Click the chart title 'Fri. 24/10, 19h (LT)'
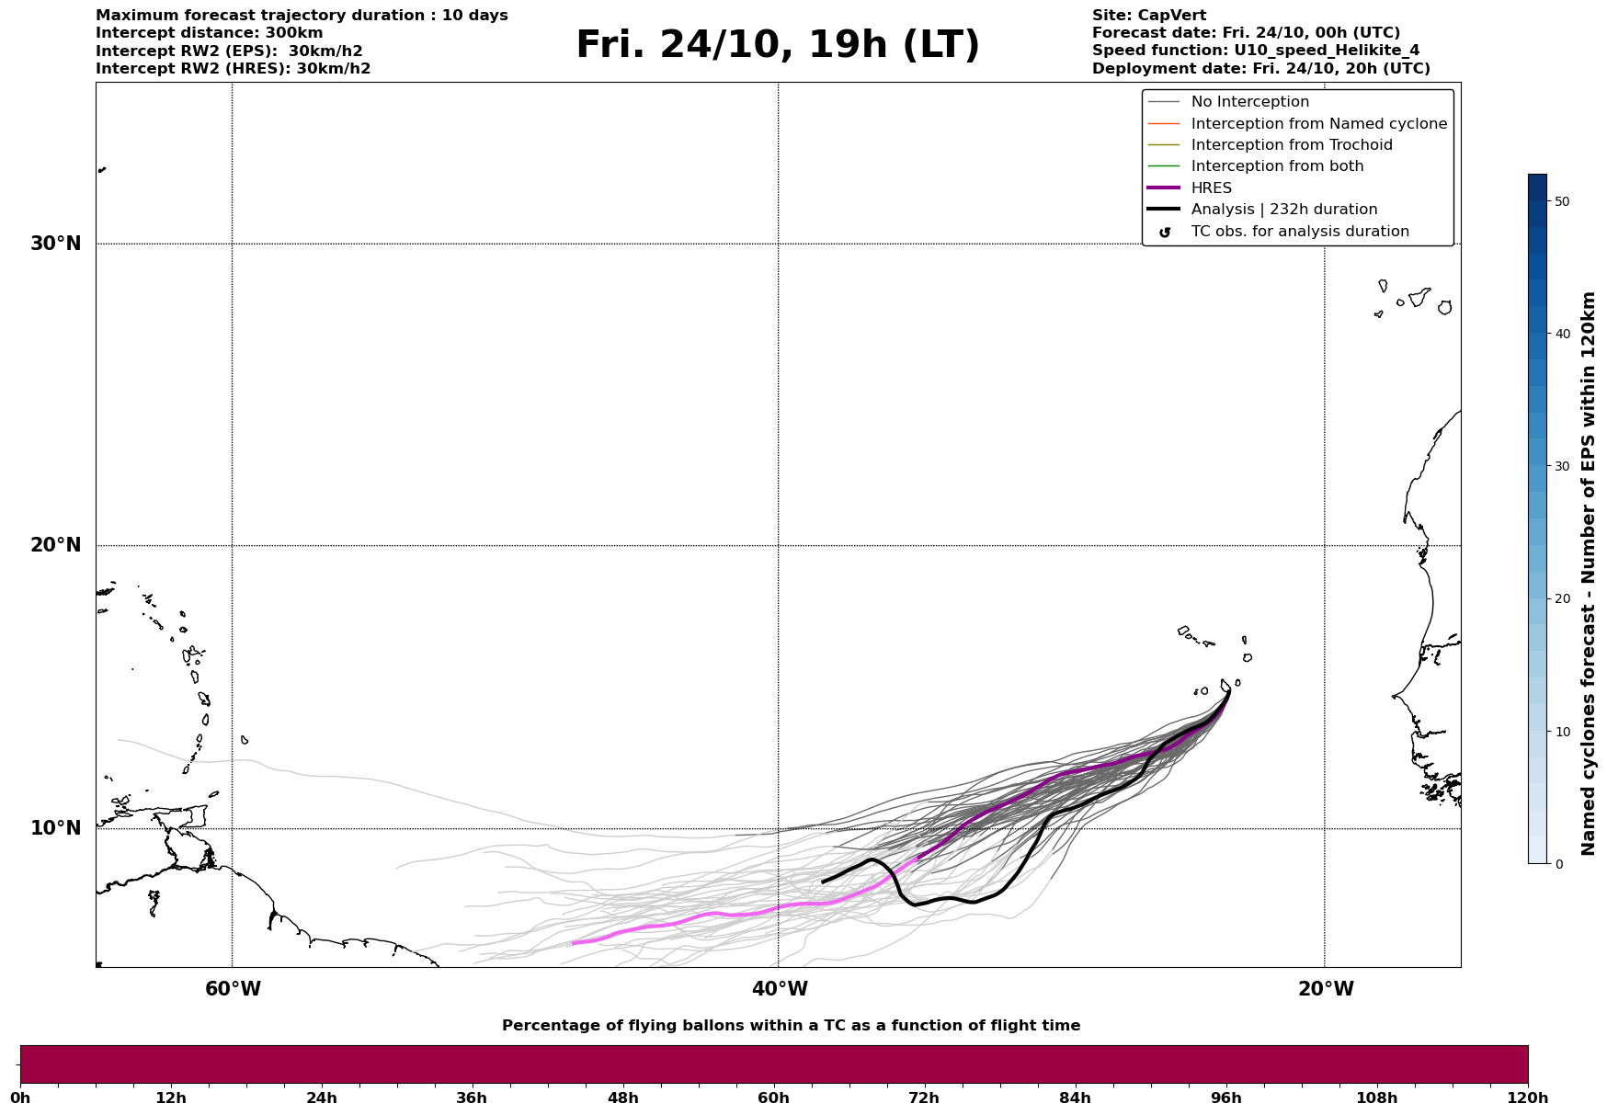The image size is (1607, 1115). pyautogui.click(x=778, y=46)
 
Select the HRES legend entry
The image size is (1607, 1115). pyautogui.click(x=1211, y=188)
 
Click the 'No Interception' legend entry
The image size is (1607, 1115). pyautogui.click(x=1249, y=102)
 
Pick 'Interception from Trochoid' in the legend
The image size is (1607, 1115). pyautogui.click(x=1291, y=145)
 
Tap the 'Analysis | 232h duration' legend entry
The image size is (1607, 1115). pyautogui.click(x=1283, y=210)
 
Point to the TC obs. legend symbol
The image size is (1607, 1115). pyautogui.click(x=1165, y=233)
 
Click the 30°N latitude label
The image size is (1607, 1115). pyautogui.click(x=56, y=244)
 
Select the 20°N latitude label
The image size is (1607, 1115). pyautogui.click(x=56, y=545)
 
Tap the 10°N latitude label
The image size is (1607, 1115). pyautogui.click(x=56, y=828)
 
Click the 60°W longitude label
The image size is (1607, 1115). pyautogui.click(x=233, y=989)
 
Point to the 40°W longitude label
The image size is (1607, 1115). pyautogui.click(x=780, y=989)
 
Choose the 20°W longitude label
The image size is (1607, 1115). pyautogui.click(x=1326, y=989)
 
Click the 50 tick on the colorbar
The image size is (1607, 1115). pyautogui.click(x=1561, y=201)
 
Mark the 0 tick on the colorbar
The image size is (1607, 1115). pyautogui.click(x=1557, y=864)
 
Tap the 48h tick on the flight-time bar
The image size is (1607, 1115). pyautogui.click(x=622, y=1098)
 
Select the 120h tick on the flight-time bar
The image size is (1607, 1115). pyautogui.click(x=1526, y=1098)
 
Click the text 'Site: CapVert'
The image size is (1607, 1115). pyautogui.click(x=1149, y=16)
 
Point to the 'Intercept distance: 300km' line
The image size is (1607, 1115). pyautogui.click(x=210, y=33)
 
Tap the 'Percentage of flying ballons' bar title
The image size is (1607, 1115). pyautogui.click(x=791, y=1026)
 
